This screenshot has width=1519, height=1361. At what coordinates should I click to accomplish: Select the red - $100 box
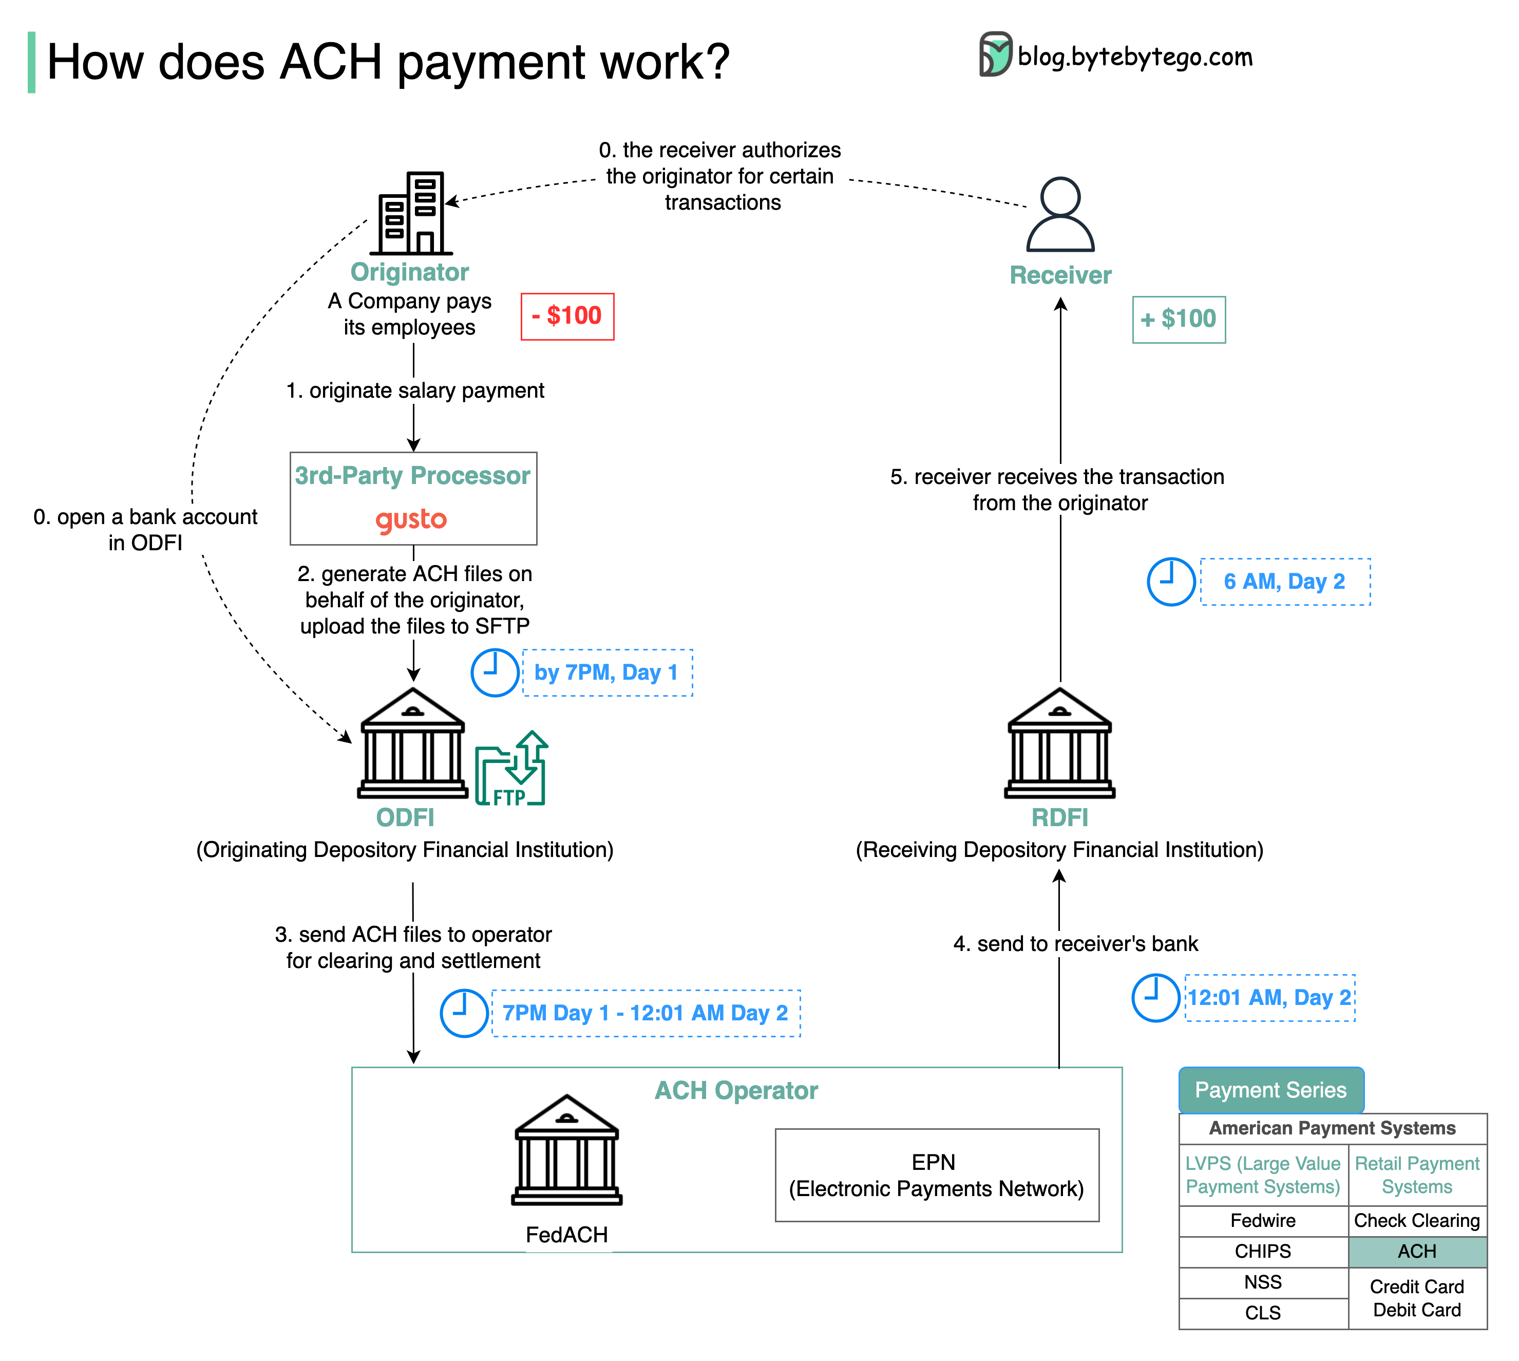[567, 316]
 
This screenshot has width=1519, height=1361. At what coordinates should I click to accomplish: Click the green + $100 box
[1179, 319]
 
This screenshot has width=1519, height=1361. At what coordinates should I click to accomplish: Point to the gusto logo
[411, 519]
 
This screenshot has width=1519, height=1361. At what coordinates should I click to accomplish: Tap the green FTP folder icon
[511, 768]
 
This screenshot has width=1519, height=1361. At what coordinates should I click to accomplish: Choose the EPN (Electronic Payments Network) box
[937, 1176]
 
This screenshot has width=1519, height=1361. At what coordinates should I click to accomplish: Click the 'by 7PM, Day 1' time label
[607, 673]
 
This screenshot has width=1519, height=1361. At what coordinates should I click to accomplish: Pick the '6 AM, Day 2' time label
[1285, 582]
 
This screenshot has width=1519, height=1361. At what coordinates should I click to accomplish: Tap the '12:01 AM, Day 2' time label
[1270, 998]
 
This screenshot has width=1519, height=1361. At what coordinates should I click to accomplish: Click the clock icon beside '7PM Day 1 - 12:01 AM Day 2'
[464, 1013]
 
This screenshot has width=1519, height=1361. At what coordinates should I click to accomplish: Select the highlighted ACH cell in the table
[1417, 1252]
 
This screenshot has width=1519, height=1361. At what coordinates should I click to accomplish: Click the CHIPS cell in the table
[1263, 1252]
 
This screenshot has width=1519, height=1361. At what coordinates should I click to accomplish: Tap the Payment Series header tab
[1271, 1090]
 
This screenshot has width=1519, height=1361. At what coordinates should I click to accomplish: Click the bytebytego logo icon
[996, 54]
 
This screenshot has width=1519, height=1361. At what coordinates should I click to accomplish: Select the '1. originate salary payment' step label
[415, 390]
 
